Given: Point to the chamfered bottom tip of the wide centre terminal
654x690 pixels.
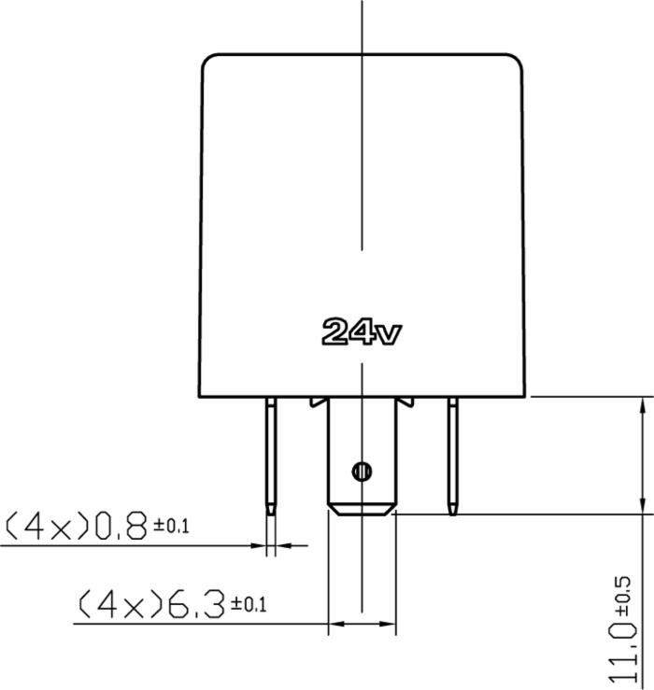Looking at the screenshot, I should tap(362, 509).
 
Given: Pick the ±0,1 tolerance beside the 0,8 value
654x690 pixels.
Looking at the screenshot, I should tap(171, 527).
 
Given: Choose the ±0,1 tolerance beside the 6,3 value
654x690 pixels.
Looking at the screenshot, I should tap(248, 605).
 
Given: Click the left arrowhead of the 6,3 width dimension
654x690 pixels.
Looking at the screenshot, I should tap(334, 623).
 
